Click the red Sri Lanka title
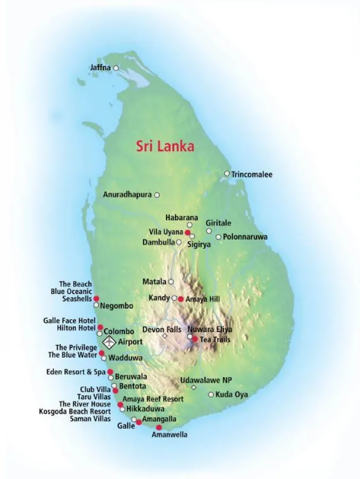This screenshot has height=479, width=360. point(165,146)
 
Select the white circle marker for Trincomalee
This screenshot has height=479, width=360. point(227,174)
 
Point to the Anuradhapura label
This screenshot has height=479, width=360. point(127,195)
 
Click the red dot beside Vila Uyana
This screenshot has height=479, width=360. point(187,233)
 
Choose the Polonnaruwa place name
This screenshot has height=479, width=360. point(245,237)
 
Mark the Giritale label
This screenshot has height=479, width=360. point(219,224)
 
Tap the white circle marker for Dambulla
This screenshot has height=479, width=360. point(179,242)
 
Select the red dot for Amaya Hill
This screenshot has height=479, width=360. point(181,299)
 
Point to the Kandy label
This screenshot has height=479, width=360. point(160,298)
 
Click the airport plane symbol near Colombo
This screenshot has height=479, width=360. point(108,341)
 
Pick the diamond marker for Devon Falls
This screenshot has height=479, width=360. point(165,336)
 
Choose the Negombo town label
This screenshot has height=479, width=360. point(116,306)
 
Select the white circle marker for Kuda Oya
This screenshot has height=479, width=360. point(211,394)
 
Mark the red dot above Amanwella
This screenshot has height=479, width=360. point(158,427)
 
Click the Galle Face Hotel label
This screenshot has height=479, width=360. point(69,321)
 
